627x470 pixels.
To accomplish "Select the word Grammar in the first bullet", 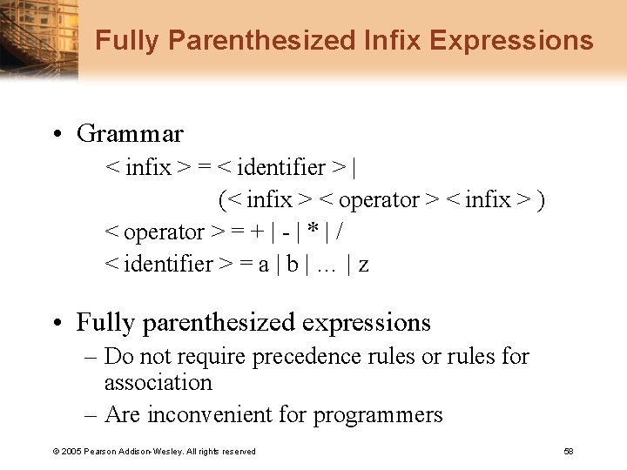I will coord(130,134).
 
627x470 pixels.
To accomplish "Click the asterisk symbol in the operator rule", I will coord(311,232).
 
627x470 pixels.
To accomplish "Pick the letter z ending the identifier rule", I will coord(363,265).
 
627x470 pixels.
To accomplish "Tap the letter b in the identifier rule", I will coord(292,264).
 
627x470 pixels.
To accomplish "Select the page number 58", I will coord(569,451).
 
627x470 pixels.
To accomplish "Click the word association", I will coord(158,383).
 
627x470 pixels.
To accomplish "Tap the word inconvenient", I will coord(209,415).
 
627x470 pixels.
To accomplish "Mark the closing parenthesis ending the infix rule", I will coord(542,200).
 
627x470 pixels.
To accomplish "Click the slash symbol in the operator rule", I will coord(339,232).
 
